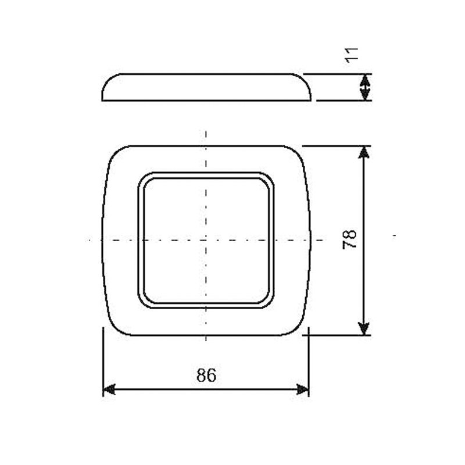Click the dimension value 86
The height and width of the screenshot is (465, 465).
pos(206,375)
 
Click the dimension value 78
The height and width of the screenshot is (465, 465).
pos(349,239)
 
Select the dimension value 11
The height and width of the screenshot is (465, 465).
pos(350,56)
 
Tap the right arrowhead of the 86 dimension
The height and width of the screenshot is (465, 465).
pos(303,389)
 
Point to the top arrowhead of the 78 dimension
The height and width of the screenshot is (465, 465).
pos(364,152)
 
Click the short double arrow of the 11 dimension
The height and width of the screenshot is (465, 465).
pos(364,87)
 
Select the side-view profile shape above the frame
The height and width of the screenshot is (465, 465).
pos(206,87)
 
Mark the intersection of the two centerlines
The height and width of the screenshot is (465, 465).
pos(206,239)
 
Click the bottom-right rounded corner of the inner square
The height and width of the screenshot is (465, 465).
pos(268,302)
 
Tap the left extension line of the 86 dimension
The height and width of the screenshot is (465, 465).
pos(103,360)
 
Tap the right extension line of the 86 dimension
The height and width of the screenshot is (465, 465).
pos(309,360)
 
